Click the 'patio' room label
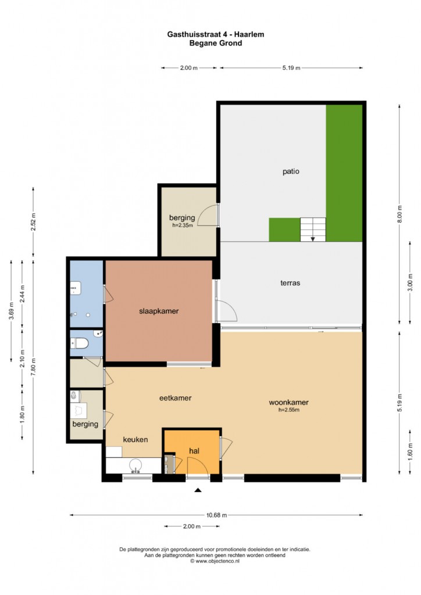tap(291, 171)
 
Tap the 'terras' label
tap(290, 283)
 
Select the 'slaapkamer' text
tap(159, 311)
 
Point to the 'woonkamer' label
tap(288, 402)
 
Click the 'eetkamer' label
tap(176, 398)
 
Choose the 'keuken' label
tap(135, 439)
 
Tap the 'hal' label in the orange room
tap(194, 451)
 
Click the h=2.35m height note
tap(183, 225)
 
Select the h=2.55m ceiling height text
tap(289, 410)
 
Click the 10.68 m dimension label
tap(216, 515)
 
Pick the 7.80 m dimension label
tap(33, 367)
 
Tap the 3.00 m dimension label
tap(410, 283)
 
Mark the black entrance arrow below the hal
tap(198, 490)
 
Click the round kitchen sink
tap(135, 465)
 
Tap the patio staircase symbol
tap(313, 229)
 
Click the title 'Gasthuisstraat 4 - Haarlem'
tap(216, 34)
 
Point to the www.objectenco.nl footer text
tap(215, 561)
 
